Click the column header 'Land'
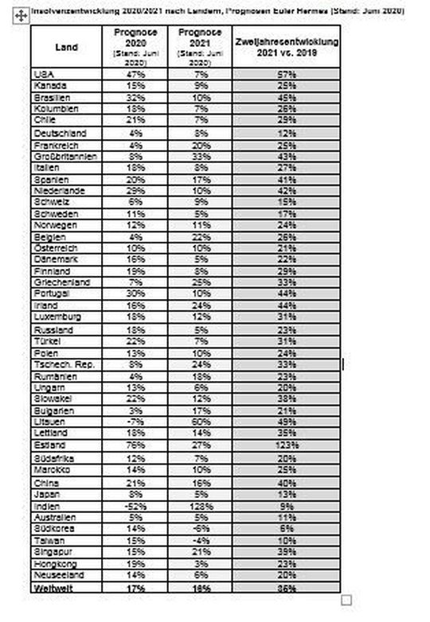click(x=67, y=47)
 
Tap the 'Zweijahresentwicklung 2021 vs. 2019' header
click(x=287, y=46)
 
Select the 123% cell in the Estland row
click(x=287, y=446)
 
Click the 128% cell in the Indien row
click(x=200, y=506)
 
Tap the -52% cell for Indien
click(x=135, y=506)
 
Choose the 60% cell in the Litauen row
click(x=200, y=422)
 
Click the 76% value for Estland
click(x=135, y=446)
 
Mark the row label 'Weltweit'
click(x=55, y=588)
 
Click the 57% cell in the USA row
click(x=287, y=74)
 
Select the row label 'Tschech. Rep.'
click(x=63, y=364)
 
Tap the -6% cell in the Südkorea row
click(x=200, y=528)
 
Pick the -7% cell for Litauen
click(x=135, y=422)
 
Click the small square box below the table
click(x=345, y=601)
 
